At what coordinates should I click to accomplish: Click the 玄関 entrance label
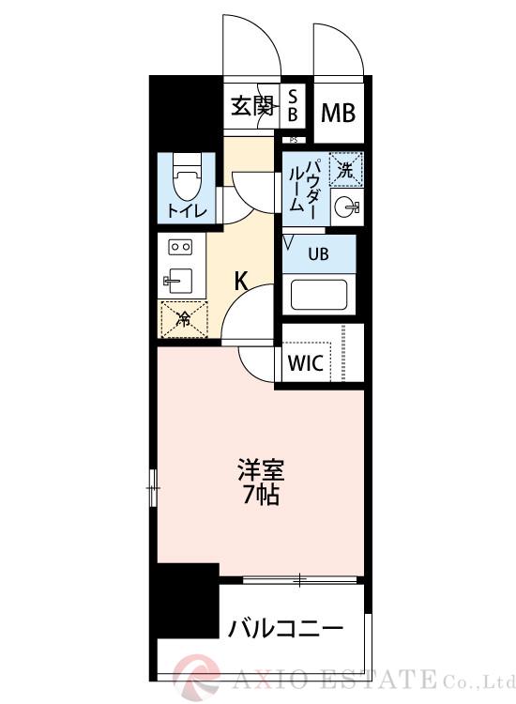pos(251,107)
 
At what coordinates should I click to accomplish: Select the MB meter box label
pos(338,113)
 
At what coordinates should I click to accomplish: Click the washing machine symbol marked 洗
pos(346,170)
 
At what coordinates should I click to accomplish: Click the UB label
pos(319,252)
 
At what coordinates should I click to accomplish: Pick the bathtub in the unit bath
pos(319,294)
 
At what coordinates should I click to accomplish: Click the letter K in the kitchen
pos(240,279)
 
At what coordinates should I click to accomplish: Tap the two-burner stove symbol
pos(179,246)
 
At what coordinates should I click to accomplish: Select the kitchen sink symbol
pos(178,280)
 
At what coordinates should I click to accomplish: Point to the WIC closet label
pos(306,363)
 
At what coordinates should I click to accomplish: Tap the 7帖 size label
pos(260,495)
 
